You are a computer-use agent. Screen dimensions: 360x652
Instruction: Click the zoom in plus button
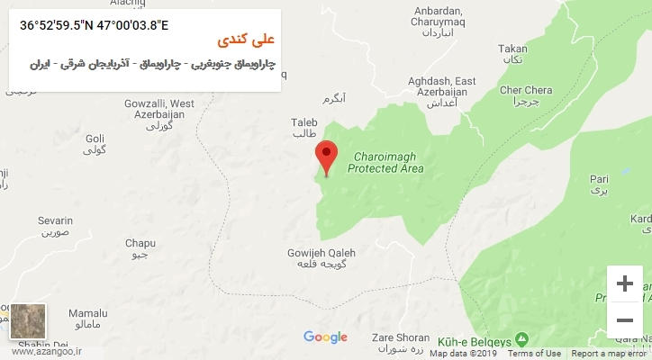click(623, 284)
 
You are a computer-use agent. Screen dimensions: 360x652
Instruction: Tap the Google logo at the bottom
click(325, 337)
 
